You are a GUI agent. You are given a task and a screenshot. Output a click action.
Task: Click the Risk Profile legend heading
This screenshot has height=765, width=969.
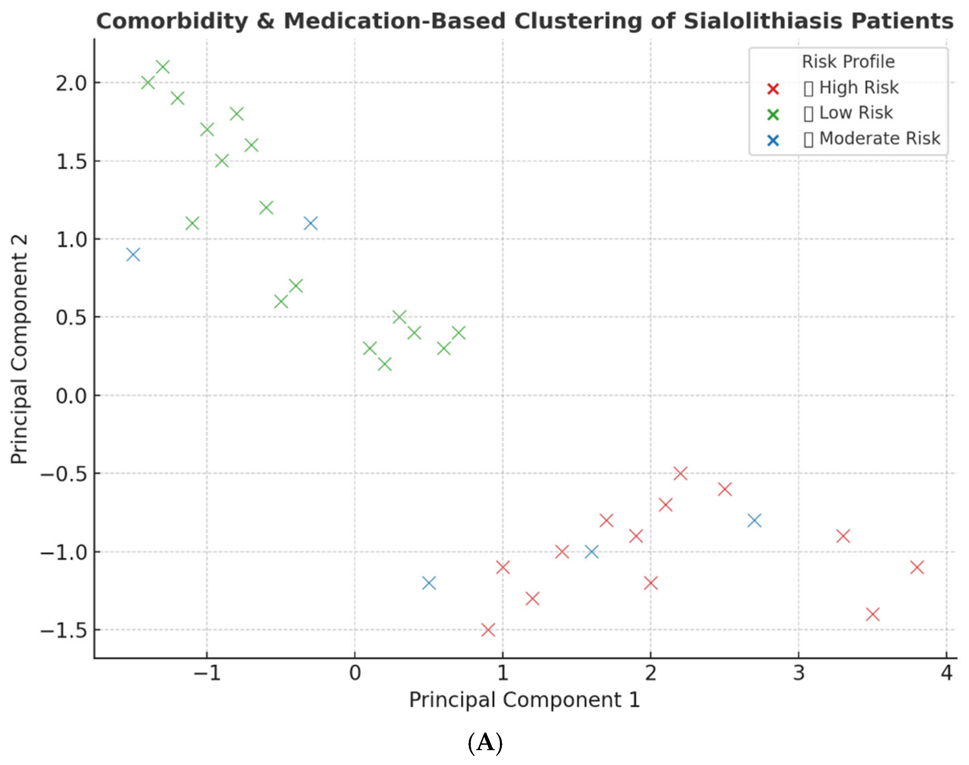(848, 62)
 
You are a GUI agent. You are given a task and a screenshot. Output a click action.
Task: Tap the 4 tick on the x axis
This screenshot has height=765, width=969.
(946, 673)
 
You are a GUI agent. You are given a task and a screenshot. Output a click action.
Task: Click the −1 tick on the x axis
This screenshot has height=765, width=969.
(207, 673)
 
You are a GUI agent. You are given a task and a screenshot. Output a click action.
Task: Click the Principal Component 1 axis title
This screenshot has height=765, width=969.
(524, 700)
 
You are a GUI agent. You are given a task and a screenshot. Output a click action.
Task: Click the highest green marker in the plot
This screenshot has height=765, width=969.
(163, 67)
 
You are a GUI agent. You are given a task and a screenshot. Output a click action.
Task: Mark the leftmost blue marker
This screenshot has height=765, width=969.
(133, 255)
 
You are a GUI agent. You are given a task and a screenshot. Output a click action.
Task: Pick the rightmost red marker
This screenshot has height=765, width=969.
(917, 567)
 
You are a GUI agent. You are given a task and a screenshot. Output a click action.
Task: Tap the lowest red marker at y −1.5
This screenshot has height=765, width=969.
(488, 630)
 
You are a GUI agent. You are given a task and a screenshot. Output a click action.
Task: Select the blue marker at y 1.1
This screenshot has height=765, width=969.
(311, 223)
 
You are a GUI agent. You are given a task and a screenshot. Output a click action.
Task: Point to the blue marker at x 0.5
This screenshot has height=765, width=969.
(429, 583)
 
